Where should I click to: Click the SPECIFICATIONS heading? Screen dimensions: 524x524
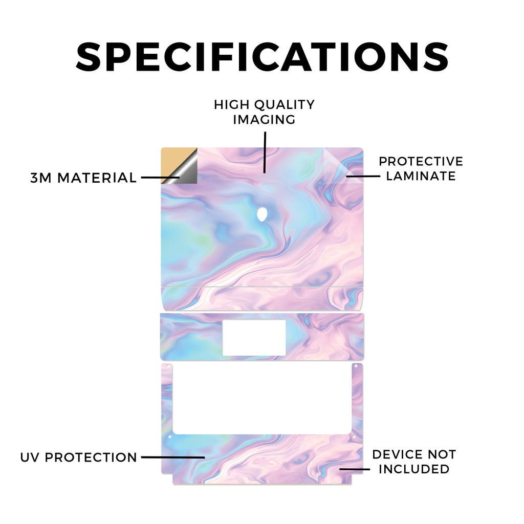point(263,57)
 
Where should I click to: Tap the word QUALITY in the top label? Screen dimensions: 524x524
point(285,105)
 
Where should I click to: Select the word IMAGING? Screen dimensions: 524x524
point(265,120)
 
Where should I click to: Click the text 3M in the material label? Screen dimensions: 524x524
point(41,178)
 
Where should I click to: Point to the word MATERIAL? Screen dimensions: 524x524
point(97,178)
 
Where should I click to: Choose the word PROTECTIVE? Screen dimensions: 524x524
point(421,161)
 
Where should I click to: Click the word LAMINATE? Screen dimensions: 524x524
point(421,176)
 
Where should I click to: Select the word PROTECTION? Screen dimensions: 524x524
point(91,457)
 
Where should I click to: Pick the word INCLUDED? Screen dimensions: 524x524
point(413,469)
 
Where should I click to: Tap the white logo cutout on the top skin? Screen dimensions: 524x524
point(263,214)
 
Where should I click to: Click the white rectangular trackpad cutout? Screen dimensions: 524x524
point(254,338)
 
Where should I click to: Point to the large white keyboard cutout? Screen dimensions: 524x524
point(263,399)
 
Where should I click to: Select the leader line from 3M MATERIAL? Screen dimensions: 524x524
point(160,178)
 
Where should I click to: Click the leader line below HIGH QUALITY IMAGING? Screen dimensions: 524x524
point(265,152)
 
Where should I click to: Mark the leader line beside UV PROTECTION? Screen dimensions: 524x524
point(173,457)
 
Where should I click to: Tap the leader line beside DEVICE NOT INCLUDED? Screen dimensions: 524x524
point(355,469)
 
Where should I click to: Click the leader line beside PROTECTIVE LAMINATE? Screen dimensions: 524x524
point(363,176)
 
